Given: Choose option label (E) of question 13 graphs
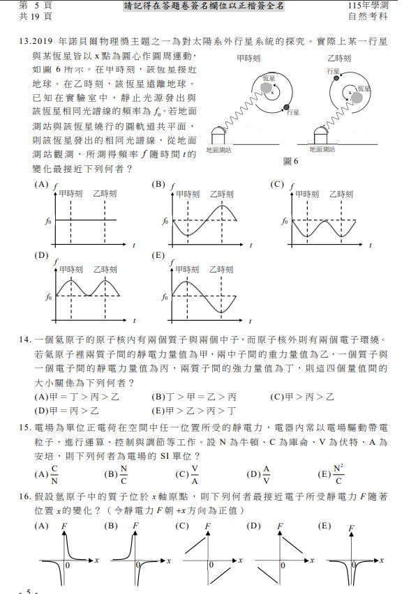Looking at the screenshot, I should click(x=158, y=255).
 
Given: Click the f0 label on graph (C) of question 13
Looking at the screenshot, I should click(x=284, y=221).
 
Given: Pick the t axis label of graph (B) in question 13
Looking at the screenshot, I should click(x=251, y=243).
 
